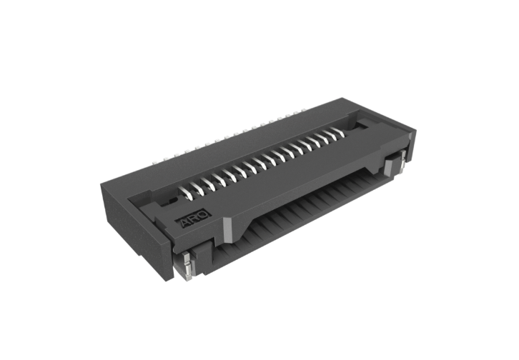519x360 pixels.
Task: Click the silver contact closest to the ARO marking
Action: (x=186, y=194)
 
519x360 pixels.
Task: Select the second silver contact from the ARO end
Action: (x=197, y=189)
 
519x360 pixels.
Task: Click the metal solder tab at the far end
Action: (x=402, y=160)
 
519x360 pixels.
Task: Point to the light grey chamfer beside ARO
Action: (x=228, y=229)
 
